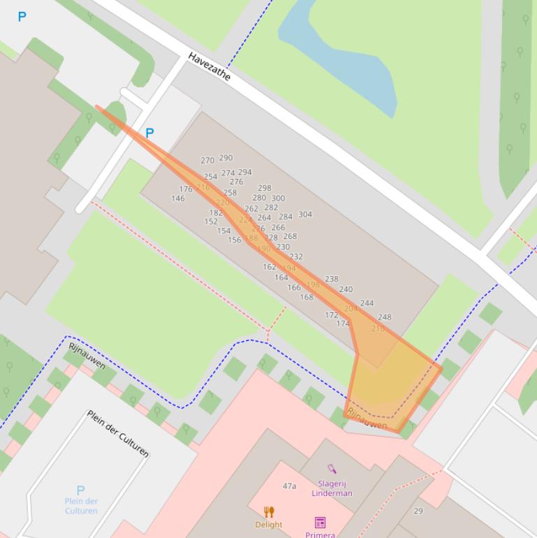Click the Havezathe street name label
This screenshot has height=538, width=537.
[x=209, y=66]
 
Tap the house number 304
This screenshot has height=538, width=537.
[x=305, y=215]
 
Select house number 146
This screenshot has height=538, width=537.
[x=178, y=198]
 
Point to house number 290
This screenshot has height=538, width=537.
[x=226, y=158]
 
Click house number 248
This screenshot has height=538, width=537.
[x=384, y=317]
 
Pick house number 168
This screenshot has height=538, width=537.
[x=307, y=297]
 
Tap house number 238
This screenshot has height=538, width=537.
[x=332, y=279]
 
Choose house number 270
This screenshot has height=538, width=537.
[x=207, y=160]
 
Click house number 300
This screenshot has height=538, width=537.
[x=278, y=198]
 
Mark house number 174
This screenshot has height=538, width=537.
[x=343, y=323]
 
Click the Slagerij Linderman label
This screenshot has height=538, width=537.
[x=332, y=488]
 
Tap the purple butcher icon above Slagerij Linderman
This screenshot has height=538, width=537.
[x=332, y=469]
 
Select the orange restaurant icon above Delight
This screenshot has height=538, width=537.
[x=269, y=512]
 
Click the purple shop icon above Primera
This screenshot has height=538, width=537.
[x=320, y=523]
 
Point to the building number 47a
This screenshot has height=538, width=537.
[x=289, y=486]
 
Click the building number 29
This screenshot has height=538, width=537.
[x=418, y=511]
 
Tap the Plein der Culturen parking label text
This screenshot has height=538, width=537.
[x=81, y=506]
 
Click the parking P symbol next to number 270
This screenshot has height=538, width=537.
[x=149, y=133]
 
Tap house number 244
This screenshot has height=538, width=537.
[x=367, y=303]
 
